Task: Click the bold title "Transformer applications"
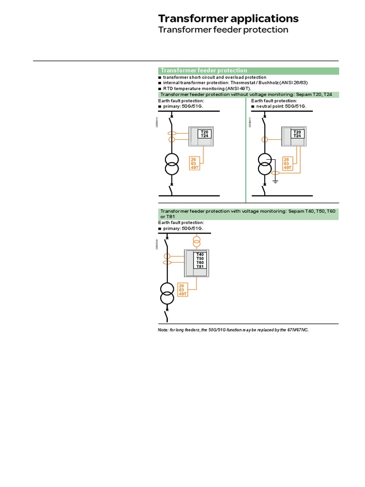(228, 19)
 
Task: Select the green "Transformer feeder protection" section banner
(248, 70)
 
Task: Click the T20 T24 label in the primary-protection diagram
(204, 134)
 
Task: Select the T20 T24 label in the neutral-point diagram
(298, 134)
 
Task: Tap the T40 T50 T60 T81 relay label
(200, 261)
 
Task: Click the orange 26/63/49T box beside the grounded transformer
(287, 163)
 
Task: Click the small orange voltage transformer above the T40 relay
(196, 243)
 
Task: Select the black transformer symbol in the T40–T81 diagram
(166, 294)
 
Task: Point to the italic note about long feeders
(233, 330)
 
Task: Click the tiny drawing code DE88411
(250, 123)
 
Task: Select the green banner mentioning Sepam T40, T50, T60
(248, 214)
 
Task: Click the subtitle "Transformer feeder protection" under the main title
(223, 29)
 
